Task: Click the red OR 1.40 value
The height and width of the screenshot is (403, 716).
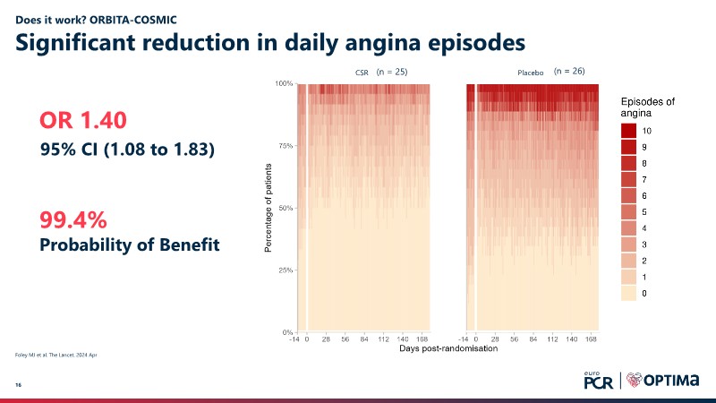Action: pos(83,120)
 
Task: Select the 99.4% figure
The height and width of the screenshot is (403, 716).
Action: pos(76,219)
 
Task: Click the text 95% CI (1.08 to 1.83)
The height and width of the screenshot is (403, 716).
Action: pos(127,150)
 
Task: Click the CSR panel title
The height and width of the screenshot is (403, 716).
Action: pos(362,72)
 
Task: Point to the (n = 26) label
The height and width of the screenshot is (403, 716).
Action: pos(569,70)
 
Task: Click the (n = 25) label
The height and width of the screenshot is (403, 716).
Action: pos(391,71)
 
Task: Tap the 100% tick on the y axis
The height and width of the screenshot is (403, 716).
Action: pos(283,83)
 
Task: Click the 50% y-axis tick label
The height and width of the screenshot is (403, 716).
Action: pos(285,208)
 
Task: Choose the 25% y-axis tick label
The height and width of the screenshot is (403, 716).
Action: pos(285,270)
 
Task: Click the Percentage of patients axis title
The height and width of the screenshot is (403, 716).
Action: pos(268,207)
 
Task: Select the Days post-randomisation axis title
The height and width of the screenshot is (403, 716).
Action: pos(447,348)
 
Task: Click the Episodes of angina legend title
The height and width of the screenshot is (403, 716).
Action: pos(648,107)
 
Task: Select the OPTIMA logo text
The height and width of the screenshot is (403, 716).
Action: pos(667,381)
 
